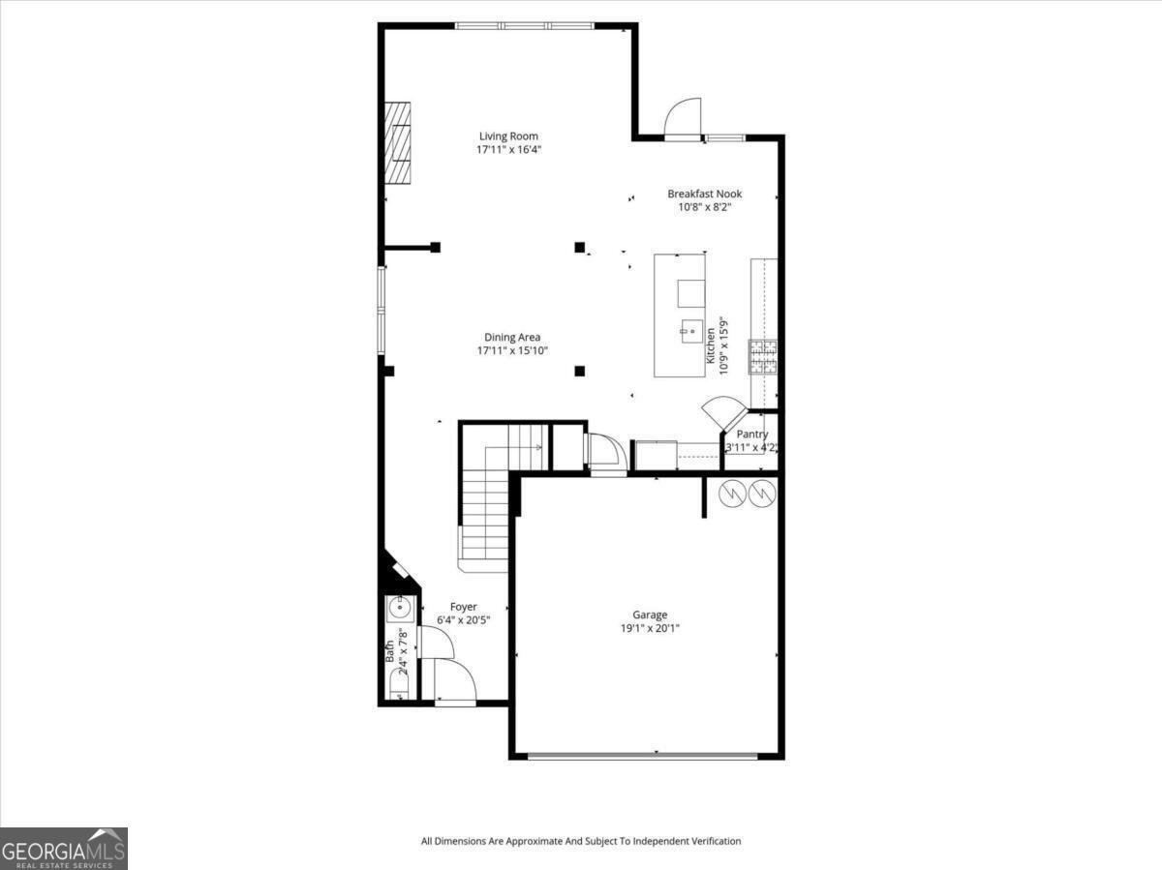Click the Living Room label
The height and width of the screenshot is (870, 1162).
508,136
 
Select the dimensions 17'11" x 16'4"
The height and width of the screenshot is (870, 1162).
508,150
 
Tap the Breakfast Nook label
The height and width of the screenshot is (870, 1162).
704,194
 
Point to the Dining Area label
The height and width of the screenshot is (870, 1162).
512,337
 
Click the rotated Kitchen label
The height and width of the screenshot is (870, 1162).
710,345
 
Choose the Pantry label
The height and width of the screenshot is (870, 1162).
752,435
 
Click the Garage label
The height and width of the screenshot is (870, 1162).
650,615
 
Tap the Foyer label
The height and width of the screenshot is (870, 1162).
463,607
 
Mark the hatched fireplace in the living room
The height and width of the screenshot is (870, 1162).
397,141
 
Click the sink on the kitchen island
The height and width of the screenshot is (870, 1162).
690,330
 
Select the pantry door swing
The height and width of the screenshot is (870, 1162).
721,412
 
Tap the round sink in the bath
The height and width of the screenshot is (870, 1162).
399,608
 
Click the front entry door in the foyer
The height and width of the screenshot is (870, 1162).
453,681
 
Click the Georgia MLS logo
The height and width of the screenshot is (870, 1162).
64,849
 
